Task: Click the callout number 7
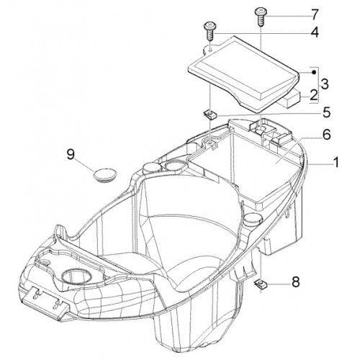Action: (x=315, y=15)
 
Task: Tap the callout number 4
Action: (x=315, y=32)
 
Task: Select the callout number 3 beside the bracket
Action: (x=325, y=84)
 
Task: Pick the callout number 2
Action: (x=313, y=95)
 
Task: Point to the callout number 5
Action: (x=326, y=112)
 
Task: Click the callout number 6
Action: (x=326, y=135)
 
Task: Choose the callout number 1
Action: (x=336, y=162)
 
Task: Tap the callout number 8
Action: (x=296, y=282)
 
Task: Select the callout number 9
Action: (x=71, y=154)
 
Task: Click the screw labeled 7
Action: (x=261, y=17)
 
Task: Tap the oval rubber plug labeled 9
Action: (x=105, y=174)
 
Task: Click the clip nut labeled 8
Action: (x=260, y=284)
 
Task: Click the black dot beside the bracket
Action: (x=313, y=72)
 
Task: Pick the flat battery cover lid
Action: (x=243, y=73)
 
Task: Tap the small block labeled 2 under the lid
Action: (x=290, y=97)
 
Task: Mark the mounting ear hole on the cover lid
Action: (x=210, y=50)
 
